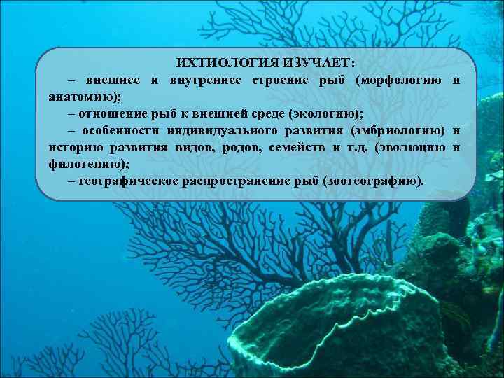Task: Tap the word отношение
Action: [109, 113]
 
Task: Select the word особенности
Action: [120, 130]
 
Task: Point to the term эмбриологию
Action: [398, 130]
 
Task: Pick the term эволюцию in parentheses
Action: [411, 147]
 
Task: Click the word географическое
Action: [127, 181]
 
